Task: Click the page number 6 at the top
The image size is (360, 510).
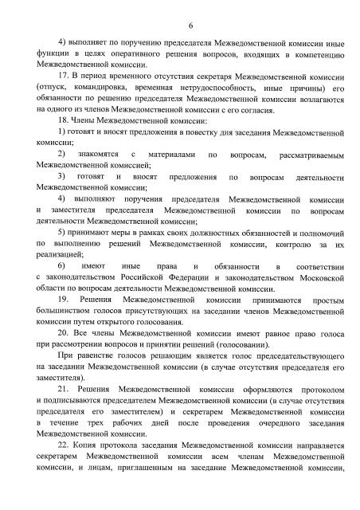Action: (181, 26)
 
